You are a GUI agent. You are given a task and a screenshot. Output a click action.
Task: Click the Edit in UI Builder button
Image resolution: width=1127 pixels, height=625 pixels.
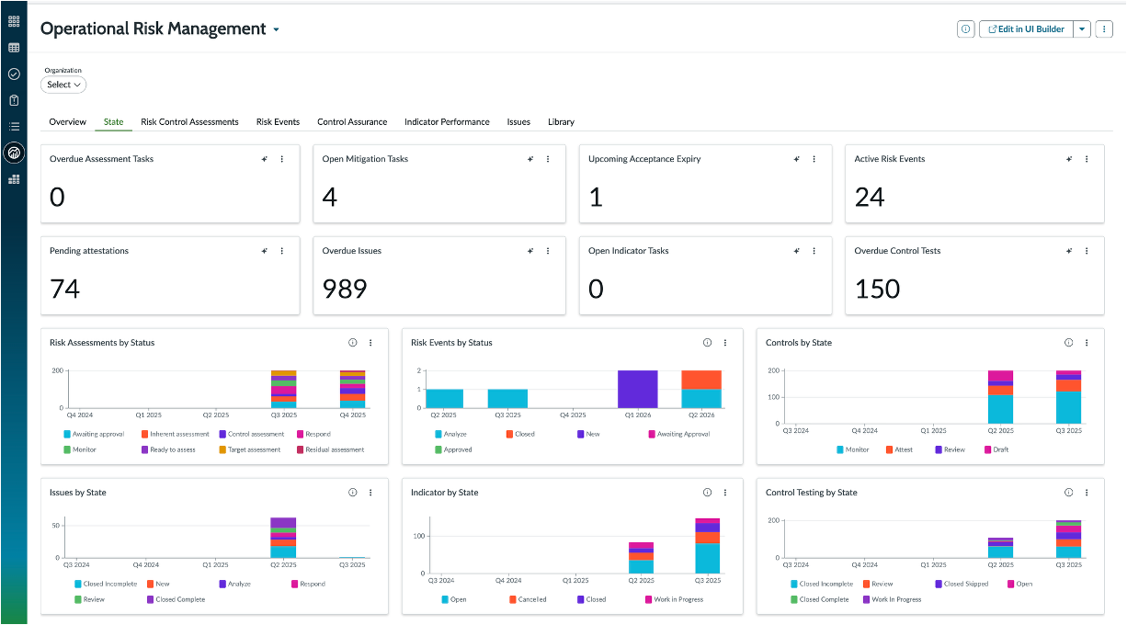pos(1026,29)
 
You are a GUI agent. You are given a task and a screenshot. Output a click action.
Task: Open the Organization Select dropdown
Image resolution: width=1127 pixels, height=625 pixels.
pos(63,85)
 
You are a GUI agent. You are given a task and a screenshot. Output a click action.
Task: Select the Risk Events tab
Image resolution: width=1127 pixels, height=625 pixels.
pos(278,121)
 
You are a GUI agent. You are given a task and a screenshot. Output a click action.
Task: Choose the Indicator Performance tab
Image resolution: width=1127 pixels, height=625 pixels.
pos(447,121)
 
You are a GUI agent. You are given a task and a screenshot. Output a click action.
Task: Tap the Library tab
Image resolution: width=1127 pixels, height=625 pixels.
pos(561,121)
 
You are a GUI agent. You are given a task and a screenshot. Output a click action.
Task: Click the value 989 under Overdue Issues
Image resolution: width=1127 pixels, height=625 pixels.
pos(345,289)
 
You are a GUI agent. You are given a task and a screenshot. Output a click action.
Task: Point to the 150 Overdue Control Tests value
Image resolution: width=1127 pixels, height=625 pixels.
pos(878,289)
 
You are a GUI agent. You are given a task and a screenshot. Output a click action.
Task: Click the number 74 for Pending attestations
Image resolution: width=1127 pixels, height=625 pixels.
pos(65,289)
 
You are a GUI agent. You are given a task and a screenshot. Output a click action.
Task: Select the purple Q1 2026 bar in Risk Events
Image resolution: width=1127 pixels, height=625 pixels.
pos(637,389)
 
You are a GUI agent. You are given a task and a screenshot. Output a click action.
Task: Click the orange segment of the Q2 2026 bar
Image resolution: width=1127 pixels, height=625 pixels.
pos(701,380)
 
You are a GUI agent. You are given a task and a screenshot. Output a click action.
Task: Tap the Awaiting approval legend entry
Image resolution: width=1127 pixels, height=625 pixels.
pos(94,434)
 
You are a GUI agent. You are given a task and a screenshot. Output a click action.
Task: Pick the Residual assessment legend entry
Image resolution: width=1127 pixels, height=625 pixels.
pos(331,449)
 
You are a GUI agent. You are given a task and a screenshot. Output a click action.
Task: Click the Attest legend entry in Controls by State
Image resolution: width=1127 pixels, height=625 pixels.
pos(899,449)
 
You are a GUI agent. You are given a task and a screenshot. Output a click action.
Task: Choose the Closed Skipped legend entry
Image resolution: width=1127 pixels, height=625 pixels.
pos(962,584)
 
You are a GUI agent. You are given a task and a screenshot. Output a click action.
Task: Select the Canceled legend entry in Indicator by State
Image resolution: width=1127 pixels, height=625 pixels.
pos(528,599)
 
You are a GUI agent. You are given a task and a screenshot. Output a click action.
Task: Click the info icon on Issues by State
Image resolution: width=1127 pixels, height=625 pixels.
pos(353,492)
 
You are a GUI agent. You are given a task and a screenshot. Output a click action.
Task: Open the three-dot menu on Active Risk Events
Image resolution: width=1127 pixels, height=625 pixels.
pos(1087,159)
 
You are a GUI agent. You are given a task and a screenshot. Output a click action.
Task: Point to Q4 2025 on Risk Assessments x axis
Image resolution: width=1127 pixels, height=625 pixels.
pos(352,415)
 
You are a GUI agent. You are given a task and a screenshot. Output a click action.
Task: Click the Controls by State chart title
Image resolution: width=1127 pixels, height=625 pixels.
pos(799,343)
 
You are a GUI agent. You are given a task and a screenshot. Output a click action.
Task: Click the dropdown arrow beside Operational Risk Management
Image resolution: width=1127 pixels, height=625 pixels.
pos(276,29)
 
